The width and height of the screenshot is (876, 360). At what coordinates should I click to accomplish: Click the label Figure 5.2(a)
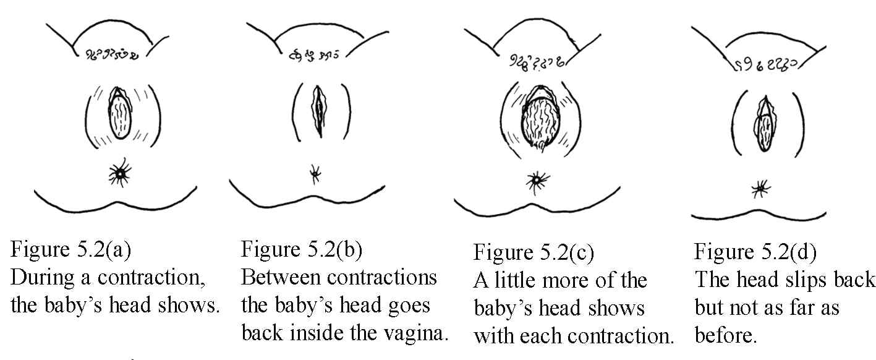tap(70, 250)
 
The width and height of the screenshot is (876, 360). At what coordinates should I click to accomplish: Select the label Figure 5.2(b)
tap(302, 250)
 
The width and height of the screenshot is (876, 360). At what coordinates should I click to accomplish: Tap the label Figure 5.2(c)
tap(534, 252)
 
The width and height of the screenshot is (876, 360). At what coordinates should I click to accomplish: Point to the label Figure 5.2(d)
tap(755, 252)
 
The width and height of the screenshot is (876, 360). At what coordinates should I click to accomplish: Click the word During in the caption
tap(43, 278)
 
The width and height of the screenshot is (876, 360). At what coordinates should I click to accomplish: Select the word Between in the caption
tap(281, 278)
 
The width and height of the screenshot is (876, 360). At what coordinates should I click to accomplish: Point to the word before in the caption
tap(726, 336)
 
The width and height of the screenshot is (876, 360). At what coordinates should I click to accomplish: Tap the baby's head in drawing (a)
tap(119, 117)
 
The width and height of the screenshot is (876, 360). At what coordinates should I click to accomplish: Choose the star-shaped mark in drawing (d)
tap(760, 189)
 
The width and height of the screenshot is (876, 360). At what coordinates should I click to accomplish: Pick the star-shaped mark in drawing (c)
tap(537, 181)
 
